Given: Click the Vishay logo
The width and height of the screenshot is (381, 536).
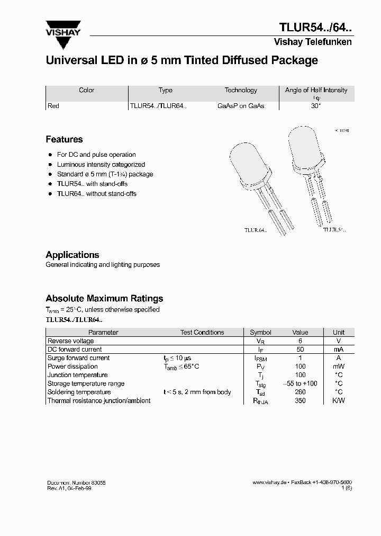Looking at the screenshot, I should pos(63,30).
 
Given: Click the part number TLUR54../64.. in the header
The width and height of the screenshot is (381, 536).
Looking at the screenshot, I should pos(315,28).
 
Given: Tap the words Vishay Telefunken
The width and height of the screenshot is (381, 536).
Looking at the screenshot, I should pos(312,42).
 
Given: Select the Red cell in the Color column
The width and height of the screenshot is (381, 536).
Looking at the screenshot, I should pos(53,106).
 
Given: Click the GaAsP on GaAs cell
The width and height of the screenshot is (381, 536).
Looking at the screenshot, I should pos(241,106).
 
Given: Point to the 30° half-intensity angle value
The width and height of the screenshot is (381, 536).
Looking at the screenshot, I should pos(316,106).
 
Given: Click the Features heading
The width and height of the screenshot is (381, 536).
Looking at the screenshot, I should pos(64,139).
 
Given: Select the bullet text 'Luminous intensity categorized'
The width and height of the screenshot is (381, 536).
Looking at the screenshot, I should pos(101,165).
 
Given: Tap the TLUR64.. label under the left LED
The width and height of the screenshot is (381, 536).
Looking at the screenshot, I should pos(255,230).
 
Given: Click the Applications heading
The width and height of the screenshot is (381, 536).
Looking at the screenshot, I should pos(72,255).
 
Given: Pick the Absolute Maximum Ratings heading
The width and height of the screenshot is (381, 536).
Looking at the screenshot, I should pos(104,298).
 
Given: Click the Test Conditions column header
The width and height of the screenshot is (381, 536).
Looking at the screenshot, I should pos(202,333).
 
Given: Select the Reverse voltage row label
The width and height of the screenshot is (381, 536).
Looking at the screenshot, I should pos(70,341).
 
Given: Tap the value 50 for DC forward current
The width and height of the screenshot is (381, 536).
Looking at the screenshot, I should pos(300,350).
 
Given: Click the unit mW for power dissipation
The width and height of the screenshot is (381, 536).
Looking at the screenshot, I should pos(339,367).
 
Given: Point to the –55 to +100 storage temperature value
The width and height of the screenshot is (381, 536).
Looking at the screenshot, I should pos(300,383).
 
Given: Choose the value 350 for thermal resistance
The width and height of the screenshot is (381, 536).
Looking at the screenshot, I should pos(300,400).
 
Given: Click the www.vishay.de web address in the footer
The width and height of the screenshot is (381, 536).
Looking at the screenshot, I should pos(269,483).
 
